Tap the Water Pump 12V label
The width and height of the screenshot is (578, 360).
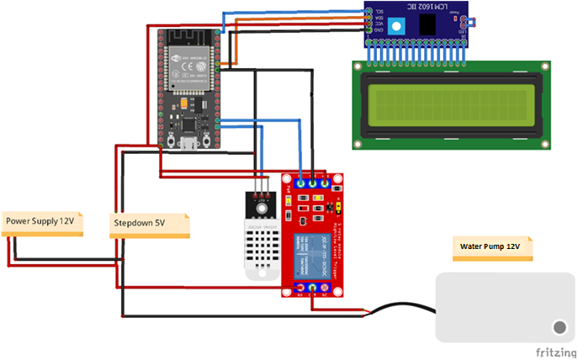pos(491,247)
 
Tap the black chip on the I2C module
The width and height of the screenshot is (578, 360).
pos(427,24)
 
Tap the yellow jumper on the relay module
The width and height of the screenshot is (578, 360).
pos(337,205)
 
